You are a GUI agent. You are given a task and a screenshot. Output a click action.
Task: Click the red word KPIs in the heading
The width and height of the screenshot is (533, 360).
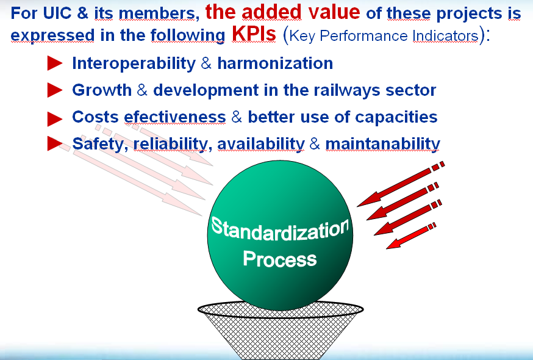pos(254,34)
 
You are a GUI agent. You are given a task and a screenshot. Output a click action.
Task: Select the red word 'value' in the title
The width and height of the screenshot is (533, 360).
pos(334,12)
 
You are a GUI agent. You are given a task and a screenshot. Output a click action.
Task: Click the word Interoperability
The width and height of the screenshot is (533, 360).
pos(134,63)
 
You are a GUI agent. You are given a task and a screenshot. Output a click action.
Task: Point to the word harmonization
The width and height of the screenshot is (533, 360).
pos(275,63)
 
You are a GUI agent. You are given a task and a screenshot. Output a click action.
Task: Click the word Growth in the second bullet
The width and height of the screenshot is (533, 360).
pos(102,90)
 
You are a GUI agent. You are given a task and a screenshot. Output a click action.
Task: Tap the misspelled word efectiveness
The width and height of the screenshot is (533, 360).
pos(175,117)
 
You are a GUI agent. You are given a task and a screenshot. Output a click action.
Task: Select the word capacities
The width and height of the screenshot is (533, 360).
pos(396,117)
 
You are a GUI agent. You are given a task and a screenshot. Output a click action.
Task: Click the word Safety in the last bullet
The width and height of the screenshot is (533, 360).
pos(98,143)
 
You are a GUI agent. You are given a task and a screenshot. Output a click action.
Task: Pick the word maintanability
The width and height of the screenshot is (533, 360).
pos(383,143)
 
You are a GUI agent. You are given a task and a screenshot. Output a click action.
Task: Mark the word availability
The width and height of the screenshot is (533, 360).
pos(261,143)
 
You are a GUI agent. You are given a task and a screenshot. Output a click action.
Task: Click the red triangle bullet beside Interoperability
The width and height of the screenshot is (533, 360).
pos(55,63)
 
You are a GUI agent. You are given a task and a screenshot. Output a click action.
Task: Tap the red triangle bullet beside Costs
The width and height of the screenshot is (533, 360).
pos(55,119)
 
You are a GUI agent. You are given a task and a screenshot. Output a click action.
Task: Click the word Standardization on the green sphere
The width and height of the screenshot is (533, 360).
pos(280,229)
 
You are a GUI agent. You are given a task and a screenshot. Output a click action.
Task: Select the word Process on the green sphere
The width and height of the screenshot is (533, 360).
pos(280,259)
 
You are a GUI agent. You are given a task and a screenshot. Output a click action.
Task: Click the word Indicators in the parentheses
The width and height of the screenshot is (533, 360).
pos(445,36)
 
